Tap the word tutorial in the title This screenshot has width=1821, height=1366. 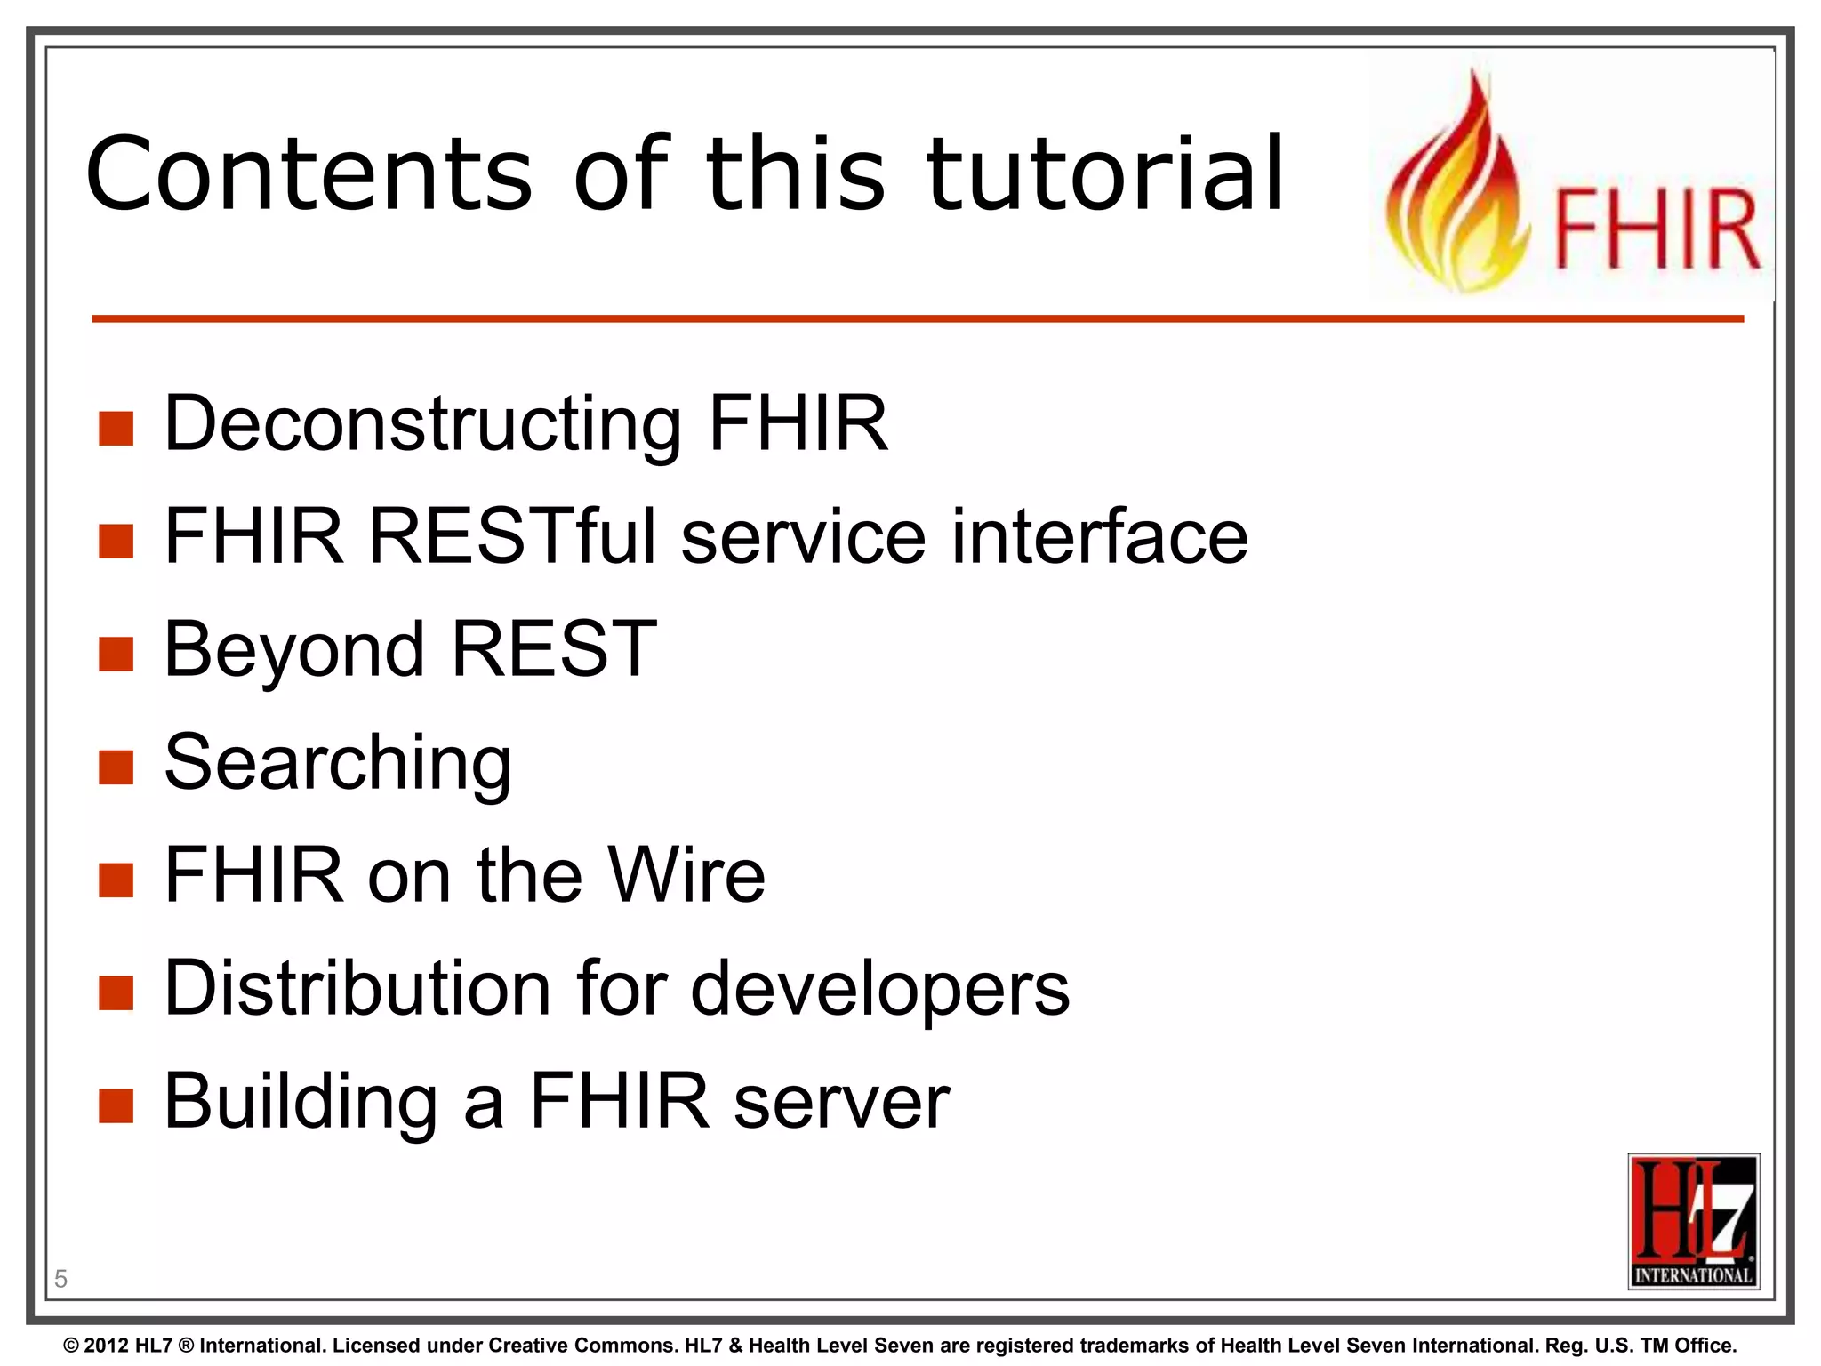point(1105,174)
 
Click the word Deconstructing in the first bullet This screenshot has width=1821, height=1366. point(423,425)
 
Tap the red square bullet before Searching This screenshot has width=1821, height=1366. point(116,767)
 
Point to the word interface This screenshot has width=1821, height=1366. point(1099,537)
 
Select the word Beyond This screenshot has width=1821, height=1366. point(294,651)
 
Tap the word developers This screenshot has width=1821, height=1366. point(880,991)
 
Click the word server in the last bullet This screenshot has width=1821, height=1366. point(841,1103)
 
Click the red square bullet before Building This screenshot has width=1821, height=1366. point(116,1106)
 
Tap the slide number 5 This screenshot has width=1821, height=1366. point(60,1279)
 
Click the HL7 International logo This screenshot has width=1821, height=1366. point(1693,1221)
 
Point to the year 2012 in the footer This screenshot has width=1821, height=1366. point(107,1346)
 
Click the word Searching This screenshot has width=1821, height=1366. point(338,763)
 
